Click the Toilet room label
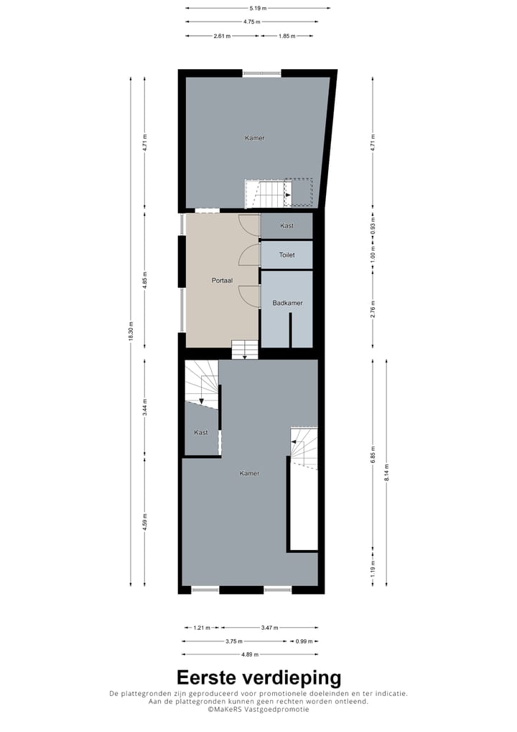pos(287,255)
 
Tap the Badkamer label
pos(287,303)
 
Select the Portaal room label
pos(221,280)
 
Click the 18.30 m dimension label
pos(131,331)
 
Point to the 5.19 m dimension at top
pos(258,8)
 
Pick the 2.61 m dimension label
pos(222,35)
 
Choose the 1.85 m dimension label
pos(287,35)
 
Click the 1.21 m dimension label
pos(202,627)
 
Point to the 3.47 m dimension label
pos(270,627)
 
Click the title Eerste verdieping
pos(258,678)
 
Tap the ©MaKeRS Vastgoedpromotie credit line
pos(258,710)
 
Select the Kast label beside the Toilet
pos(287,226)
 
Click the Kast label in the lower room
pos(201,432)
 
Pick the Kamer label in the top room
pos(254,137)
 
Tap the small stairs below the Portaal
pos(244,349)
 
